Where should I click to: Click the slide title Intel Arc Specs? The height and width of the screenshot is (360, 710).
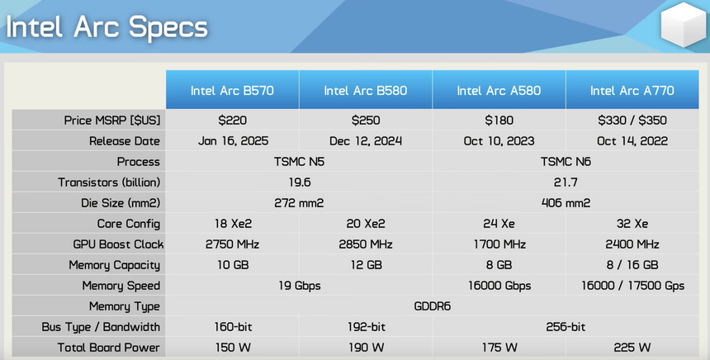pos(106,27)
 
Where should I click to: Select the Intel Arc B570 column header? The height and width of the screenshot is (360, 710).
pos(232,90)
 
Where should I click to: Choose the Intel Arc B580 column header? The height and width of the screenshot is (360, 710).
pos(366,90)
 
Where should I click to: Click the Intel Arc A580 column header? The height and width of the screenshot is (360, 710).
pos(499,90)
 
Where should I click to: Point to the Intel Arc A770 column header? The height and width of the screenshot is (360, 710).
pos(632,90)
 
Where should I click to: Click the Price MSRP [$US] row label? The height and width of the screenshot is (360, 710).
pos(112,121)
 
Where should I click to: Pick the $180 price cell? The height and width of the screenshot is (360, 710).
pos(499,121)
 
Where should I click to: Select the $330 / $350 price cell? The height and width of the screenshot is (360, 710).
pos(632,121)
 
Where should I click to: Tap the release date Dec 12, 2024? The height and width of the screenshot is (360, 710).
pos(366,141)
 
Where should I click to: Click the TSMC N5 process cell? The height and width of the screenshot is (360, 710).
pos(299,162)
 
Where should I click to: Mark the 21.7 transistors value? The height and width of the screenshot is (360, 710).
pos(565,182)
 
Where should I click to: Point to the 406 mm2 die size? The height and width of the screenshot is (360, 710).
pos(565,203)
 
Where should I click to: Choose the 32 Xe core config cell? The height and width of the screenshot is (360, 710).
pos(632,224)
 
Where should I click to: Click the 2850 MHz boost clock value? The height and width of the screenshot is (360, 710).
pos(366,244)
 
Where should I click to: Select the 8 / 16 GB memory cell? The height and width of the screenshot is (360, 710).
pos(632,265)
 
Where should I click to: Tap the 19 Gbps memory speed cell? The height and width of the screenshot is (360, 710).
pos(299,286)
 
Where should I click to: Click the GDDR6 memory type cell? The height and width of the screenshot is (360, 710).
pos(432,306)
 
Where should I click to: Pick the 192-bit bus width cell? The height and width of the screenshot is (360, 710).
pos(366,327)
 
